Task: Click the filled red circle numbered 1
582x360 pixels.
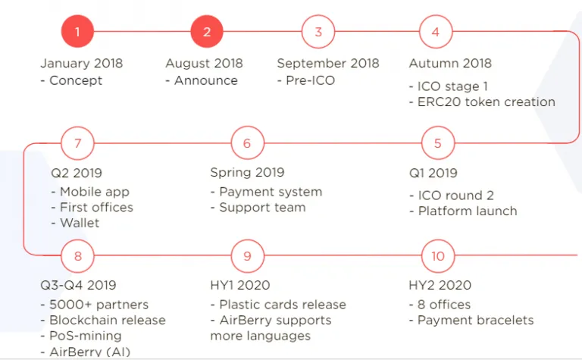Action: (x=77, y=32)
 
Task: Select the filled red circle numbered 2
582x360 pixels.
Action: (x=207, y=32)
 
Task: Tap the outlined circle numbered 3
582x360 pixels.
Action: (x=318, y=32)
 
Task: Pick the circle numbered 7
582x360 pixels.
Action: (x=77, y=143)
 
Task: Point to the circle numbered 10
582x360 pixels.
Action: (x=438, y=255)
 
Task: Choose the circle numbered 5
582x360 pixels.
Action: (x=438, y=143)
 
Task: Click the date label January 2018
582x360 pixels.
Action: (x=81, y=64)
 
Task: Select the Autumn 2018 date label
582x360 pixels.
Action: (x=450, y=64)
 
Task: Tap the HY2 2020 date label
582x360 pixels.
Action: (x=440, y=285)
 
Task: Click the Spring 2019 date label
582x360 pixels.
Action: (x=247, y=173)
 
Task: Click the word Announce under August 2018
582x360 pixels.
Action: (x=206, y=80)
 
